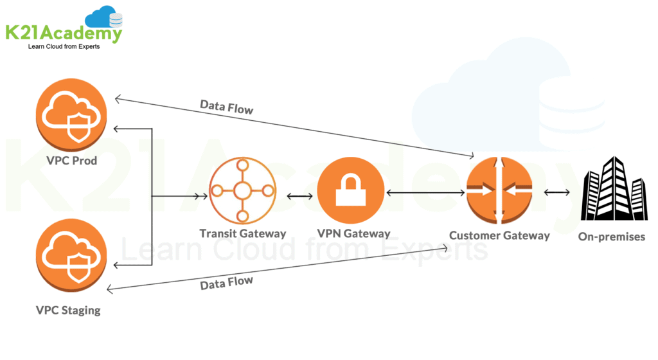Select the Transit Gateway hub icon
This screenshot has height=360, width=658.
tap(242, 190)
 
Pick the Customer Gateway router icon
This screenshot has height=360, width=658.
tap(500, 190)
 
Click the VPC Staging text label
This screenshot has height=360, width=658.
tap(68, 310)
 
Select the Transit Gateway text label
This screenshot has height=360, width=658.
tap(242, 234)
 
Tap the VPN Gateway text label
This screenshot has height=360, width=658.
tap(353, 234)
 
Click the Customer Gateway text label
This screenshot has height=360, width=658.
tap(499, 235)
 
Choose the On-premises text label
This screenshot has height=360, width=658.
tap(611, 237)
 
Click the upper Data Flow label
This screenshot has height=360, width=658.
tap(226, 107)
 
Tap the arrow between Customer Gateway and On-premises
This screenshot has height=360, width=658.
tap(557, 192)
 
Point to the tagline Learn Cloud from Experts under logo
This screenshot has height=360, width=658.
tap(63, 48)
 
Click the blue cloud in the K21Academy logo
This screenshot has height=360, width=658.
tap(103, 16)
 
